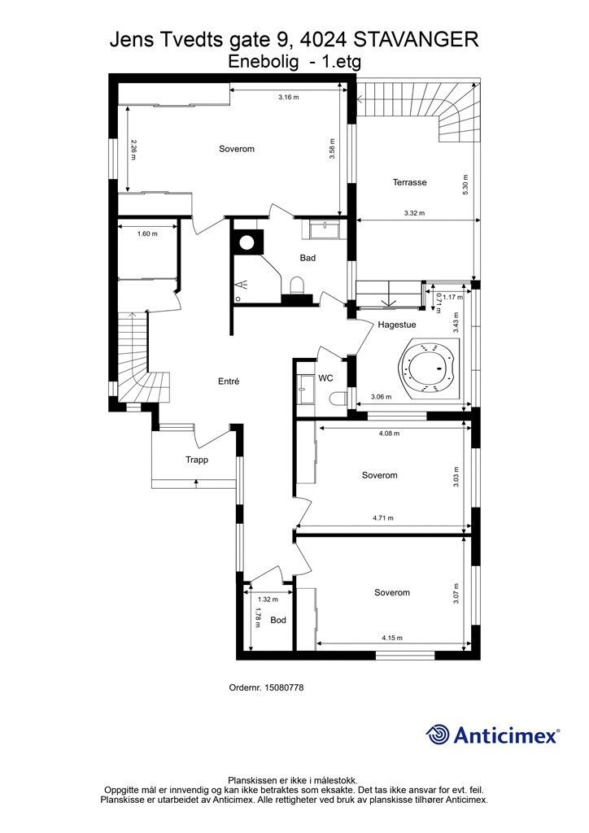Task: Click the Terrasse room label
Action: (409, 182)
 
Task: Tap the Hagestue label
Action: (397, 325)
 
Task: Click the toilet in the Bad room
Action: (296, 286)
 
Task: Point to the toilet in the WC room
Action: (338, 397)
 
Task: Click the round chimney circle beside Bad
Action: (247, 242)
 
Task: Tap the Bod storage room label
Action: (277, 620)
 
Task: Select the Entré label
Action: (229, 381)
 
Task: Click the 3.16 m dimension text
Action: (289, 98)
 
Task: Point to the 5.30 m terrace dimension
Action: (465, 185)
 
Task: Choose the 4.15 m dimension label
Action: (392, 638)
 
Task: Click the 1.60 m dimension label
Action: (147, 233)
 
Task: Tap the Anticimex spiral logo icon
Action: (438, 735)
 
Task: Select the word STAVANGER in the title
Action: (417, 40)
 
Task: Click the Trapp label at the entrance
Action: (197, 460)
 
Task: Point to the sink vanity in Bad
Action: (324, 229)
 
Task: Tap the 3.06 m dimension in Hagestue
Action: (382, 397)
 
